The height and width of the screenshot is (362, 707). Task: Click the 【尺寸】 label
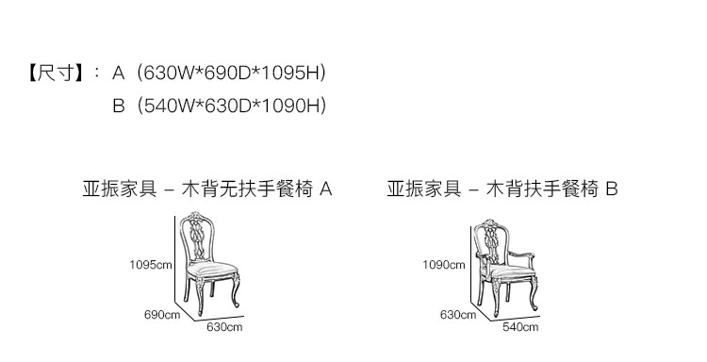click(x=56, y=73)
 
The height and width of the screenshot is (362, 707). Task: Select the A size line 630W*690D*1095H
click(x=231, y=73)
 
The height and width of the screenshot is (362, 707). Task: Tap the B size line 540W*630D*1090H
click(x=231, y=106)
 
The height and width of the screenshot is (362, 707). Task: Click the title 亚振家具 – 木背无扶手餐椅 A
click(x=207, y=189)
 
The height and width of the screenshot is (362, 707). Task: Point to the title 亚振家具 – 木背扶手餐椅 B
click(x=502, y=189)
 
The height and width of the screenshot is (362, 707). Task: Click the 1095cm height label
click(x=151, y=265)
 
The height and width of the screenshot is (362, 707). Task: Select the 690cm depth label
click(x=162, y=314)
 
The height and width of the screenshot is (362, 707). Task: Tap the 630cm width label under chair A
click(x=224, y=327)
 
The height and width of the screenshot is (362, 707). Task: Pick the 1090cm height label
click(x=444, y=265)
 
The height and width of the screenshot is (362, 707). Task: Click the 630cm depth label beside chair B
click(x=458, y=314)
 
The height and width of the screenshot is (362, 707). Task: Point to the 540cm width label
click(x=520, y=327)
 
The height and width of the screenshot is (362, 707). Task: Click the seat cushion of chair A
click(x=212, y=270)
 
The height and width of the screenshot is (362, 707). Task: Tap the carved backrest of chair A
click(x=197, y=237)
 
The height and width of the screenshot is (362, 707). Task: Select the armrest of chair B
click(x=520, y=255)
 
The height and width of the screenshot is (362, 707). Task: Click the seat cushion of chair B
click(x=512, y=271)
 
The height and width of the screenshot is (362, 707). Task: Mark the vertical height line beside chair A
click(x=175, y=259)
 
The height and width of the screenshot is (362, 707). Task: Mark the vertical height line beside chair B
click(x=471, y=266)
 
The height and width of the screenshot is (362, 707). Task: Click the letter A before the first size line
click(x=118, y=73)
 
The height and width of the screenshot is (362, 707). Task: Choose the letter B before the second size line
click(x=119, y=106)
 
